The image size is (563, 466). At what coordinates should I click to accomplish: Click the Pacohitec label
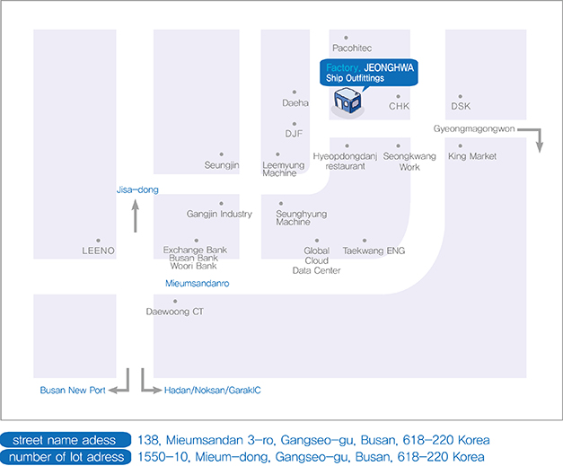[x=352, y=48]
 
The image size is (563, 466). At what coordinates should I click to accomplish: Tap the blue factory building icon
[x=347, y=102]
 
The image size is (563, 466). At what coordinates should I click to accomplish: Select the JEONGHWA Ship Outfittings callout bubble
[x=369, y=73]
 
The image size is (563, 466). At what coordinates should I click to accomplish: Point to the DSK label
[x=461, y=106]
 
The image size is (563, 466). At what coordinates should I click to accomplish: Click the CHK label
[x=399, y=106]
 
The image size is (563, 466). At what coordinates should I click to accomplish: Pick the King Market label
[x=472, y=156]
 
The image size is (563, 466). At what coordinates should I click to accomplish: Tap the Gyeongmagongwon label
[x=474, y=129]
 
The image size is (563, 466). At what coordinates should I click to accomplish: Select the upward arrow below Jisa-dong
[x=136, y=216]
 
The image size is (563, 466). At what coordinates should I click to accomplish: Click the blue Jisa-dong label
[x=137, y=189]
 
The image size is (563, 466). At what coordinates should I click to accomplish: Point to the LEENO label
[x=98, y=251]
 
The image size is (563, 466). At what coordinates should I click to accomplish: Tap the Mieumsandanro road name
[x=198, y=283]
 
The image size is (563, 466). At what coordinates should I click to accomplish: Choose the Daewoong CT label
[x=175, y=312]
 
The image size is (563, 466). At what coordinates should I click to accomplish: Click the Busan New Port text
[x=73, y=391]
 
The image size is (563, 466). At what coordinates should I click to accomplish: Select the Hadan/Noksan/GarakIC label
[x=213, y=391]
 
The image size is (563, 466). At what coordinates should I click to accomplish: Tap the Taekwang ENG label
[x=374, y=251]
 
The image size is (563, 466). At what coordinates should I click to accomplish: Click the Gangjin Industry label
[x=219, y=214]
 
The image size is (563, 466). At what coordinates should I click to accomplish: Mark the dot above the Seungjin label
[x=222, y=154]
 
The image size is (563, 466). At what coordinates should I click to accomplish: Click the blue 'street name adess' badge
[x=66, y=440]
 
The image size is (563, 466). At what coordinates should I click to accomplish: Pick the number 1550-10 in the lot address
[x=163, y=457]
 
